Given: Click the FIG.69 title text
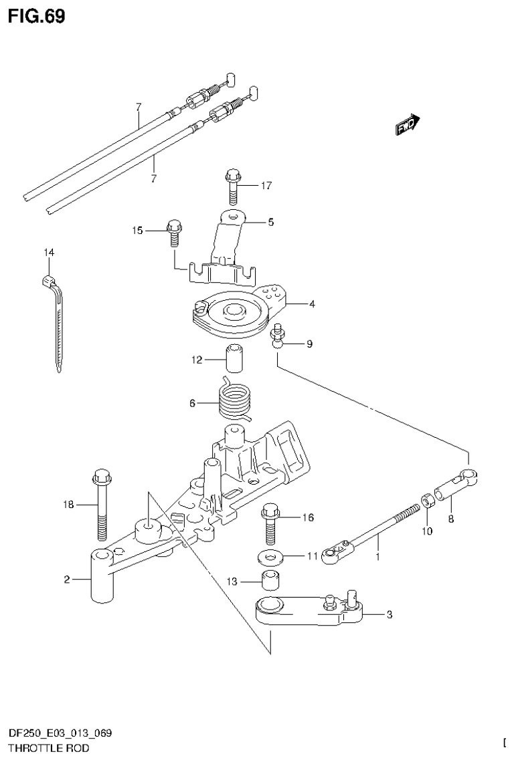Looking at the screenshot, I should click(37, 16).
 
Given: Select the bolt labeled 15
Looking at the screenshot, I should click(174, 231).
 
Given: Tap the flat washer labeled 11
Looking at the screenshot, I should click(270, 556).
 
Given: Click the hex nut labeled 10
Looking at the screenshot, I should click(426, 501).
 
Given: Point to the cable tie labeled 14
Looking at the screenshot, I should click(56, 314).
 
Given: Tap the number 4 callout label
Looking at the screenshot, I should click(312, 303).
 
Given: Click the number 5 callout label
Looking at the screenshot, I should click(271, 222).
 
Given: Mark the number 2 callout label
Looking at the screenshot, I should click(67, 580).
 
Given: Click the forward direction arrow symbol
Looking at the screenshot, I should click(406, 125).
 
